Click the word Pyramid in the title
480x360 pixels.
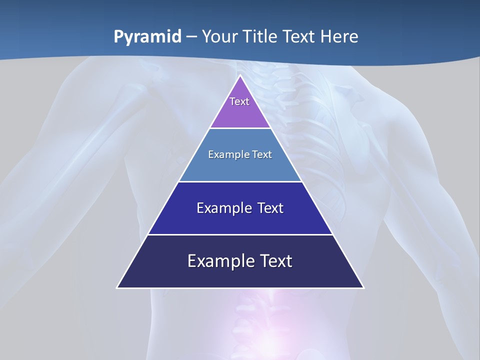coord(147,37)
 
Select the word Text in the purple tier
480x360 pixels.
coord(239,101)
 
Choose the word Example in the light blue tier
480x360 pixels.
coord(228,154)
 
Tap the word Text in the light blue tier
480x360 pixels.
coord(260,154)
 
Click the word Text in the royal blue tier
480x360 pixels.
coord(270,208)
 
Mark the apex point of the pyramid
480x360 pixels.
coord(240,75)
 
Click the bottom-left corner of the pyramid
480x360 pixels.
coord(117,287)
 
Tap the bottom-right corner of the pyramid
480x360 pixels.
coord(363,287)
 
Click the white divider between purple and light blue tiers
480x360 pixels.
coord(240,128)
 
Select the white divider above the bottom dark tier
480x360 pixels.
coord(240,234)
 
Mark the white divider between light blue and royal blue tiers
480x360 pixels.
coord(240,181)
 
